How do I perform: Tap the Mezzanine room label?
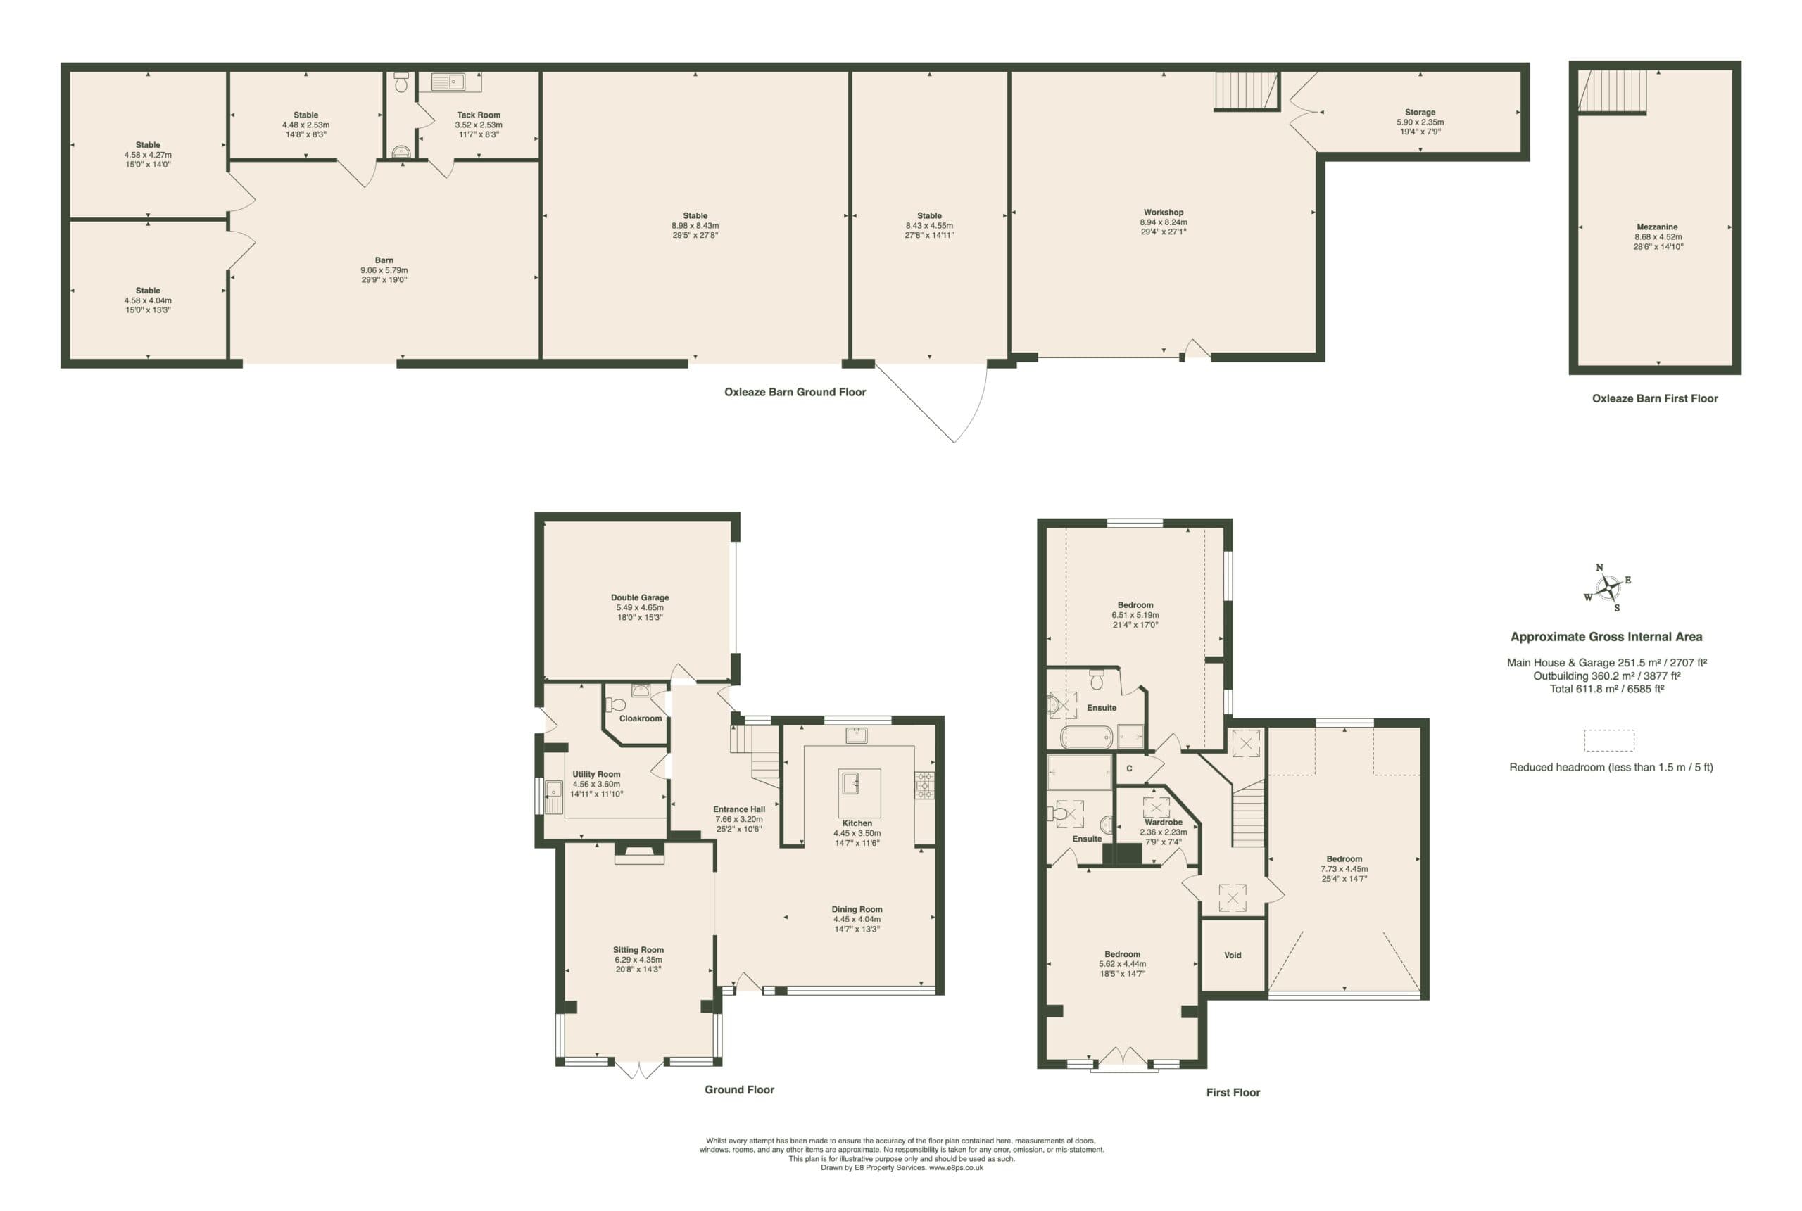click(x=1657, y=227)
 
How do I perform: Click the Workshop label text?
click(x=1164, y=213)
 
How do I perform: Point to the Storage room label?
click(x=1420, y=112)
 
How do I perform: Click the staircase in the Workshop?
click(x=1247, y=91)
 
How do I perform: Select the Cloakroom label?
click(x=641, y=718)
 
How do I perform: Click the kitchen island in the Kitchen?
click(x=859, y=792)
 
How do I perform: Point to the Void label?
click(x=1233, y=956)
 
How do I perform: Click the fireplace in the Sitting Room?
click(x=638, y=853)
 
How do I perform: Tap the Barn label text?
click(x=384, y=261)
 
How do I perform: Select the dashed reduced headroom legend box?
click(x=1609, y=740)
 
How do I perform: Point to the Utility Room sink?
click(x=554, y=797)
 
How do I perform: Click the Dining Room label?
click(x=857, y=910)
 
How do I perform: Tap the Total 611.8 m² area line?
click(x=1606, y=689)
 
